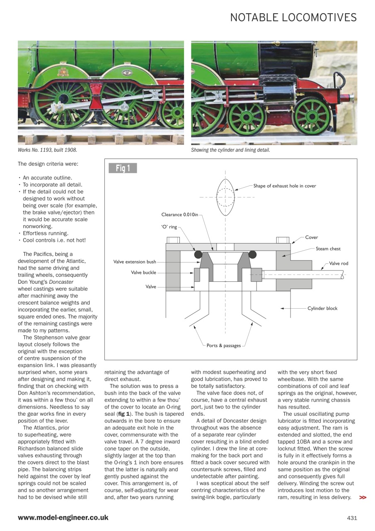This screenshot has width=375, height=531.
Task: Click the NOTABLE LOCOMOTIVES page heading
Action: tap(293, 17)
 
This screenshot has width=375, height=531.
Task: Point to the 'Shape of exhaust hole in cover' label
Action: tap(285, 186)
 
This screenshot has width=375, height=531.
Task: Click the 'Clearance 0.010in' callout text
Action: tap(179, 214)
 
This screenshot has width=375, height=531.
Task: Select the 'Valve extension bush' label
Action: tap(135, 262)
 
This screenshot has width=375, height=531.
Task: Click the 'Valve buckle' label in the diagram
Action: tap(143, 273)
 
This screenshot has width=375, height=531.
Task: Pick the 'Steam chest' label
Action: tap(328, 249)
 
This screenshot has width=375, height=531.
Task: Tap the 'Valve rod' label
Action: tap(339, 263)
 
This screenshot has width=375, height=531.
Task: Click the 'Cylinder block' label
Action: tap(322, 308)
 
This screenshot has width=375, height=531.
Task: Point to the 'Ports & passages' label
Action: tap(224, 346)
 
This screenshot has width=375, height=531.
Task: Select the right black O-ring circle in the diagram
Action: tap(252, 254)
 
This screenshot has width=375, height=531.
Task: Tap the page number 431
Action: tap(352, 518)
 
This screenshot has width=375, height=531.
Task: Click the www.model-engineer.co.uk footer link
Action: tap(63, 518)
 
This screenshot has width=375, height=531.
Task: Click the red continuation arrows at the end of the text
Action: tap(363, 497)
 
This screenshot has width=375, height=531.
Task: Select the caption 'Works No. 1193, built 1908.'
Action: tap(47, 150)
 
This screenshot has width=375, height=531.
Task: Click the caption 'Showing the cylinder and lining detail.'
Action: tap(230, 150)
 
